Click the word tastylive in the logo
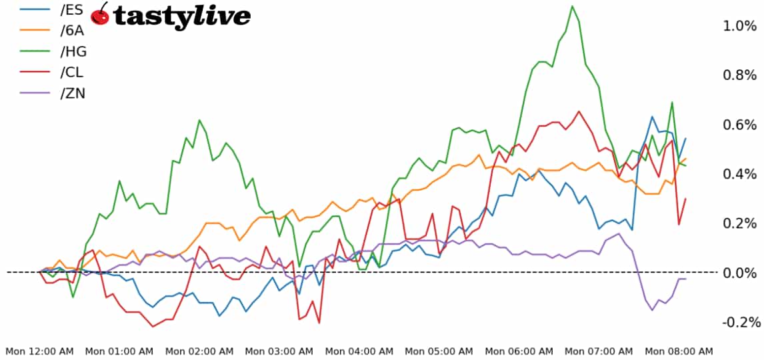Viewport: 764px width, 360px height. (x=182, y=16)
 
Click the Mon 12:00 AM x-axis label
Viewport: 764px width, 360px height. (x=40, y=351)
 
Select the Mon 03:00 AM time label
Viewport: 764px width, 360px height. (x=280, y=351)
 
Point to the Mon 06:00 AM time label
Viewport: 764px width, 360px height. (x=519, y=351)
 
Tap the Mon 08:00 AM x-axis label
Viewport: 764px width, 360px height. (x=679, y=351)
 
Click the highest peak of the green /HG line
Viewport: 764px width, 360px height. (x=572, y=6)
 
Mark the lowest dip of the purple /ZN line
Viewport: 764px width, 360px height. (x=652, y=309)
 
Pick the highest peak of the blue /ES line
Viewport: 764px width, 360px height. (x=652, y=117)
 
